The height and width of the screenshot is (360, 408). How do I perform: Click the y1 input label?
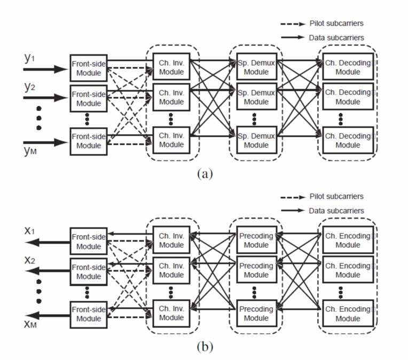point(29,58)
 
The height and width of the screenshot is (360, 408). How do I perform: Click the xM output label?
point(31,326)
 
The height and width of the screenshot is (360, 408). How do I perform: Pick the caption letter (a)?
point(205,174)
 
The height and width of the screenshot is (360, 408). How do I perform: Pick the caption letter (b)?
point(205,347)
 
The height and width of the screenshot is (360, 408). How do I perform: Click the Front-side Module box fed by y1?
point(89,68)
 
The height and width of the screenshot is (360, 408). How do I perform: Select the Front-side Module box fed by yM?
point(89,140)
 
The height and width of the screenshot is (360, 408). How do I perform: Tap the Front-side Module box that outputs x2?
point(89,271)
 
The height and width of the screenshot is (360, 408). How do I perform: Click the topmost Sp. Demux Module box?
point(256,68)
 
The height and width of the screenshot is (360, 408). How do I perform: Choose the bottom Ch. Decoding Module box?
point(348,140)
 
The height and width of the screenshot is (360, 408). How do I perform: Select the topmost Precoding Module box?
point(256,241)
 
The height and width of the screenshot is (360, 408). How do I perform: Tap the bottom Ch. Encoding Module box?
point(348,314)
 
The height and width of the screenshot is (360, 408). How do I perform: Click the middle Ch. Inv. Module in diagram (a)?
point(171,97)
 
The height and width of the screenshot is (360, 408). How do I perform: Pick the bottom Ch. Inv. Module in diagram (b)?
point(171,314)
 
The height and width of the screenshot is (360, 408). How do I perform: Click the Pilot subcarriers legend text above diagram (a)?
point(336,24)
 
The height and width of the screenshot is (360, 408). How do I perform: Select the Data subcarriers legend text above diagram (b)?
point(336,211)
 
